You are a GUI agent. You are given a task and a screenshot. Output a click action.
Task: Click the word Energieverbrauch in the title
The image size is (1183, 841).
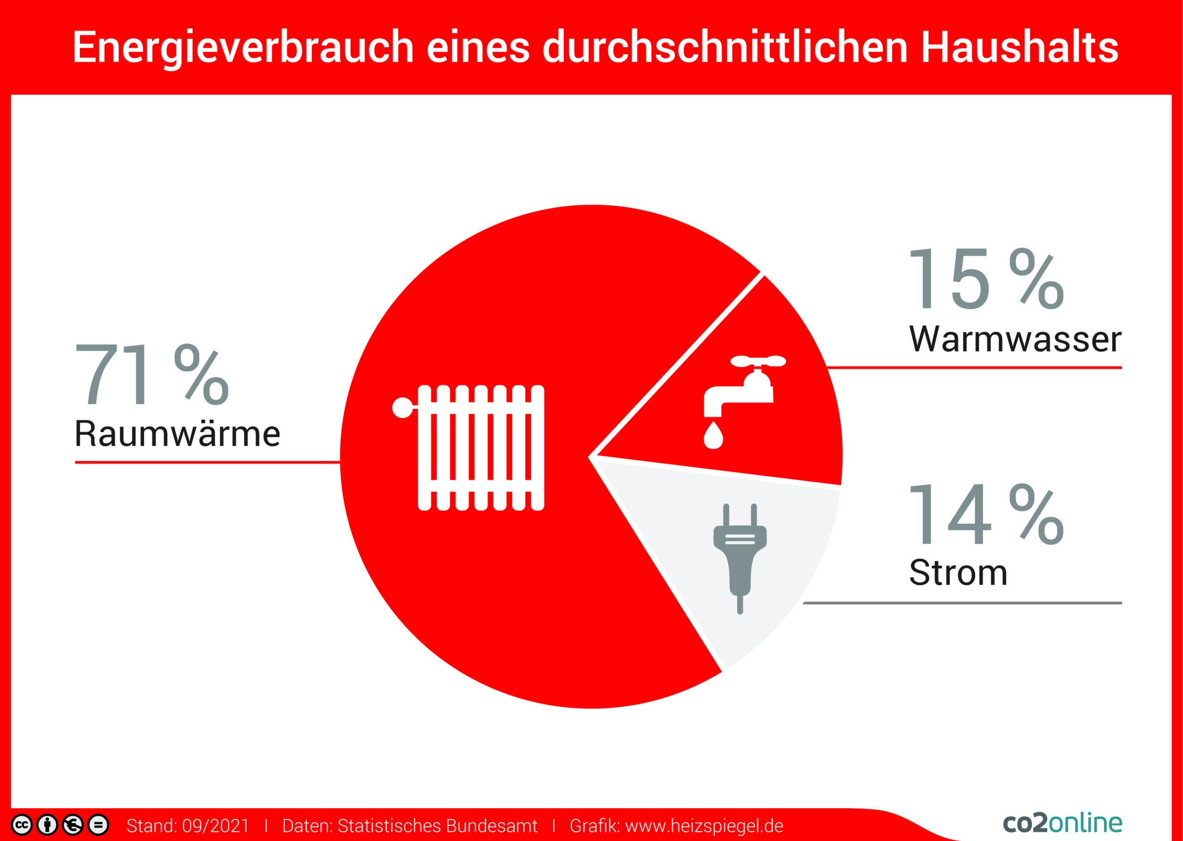[243, 48]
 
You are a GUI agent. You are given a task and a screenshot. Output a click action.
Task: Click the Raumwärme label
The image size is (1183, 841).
[177, 434]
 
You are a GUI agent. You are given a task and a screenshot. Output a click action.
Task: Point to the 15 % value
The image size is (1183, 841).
[986, 279]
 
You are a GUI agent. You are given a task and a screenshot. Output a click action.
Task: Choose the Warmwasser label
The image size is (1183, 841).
[1015, 340]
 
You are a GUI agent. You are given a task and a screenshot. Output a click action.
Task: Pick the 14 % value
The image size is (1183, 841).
[986, 515]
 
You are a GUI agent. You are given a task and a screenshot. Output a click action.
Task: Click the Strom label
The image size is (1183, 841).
[958, 573]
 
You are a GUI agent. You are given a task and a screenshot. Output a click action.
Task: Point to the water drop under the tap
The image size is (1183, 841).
[713, 436]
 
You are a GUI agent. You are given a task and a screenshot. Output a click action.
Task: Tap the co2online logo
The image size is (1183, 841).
[1062, 823]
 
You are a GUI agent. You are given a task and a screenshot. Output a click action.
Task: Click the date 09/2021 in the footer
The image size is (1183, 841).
[215, 825]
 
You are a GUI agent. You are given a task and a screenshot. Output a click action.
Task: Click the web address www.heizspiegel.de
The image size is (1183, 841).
[704, 825]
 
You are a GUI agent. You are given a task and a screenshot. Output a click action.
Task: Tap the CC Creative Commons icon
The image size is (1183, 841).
[22, 825]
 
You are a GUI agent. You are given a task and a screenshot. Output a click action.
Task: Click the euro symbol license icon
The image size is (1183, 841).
[73, 825]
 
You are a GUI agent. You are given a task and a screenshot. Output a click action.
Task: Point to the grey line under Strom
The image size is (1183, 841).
[963, 603]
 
